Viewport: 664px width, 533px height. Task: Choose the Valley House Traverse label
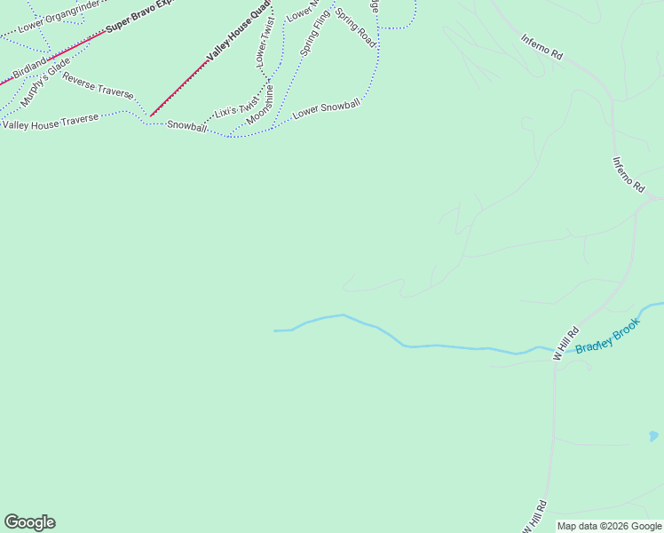click(50, 123)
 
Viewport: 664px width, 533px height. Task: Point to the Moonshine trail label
click(260, 103)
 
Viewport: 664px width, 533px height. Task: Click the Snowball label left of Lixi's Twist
click(186, 126)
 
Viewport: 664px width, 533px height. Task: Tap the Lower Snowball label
click(327, 109)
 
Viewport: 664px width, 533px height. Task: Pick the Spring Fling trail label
click(315, 33)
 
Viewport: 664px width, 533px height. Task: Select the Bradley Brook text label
click(607, 338)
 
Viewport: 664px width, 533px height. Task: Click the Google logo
click(29, 522)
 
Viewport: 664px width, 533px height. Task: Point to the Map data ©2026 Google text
click(609, 526)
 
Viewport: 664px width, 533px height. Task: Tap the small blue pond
click(653, 436)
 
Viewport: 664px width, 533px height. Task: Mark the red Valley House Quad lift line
click(178, 89)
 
